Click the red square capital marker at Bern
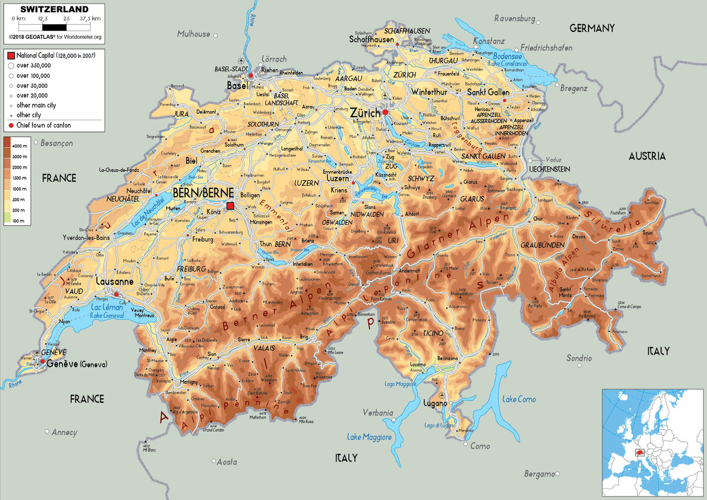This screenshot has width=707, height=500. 230,205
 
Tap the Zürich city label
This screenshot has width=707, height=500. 364,112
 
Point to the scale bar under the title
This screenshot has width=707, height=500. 54,27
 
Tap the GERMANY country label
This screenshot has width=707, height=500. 592,28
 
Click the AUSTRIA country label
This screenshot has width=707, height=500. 647,156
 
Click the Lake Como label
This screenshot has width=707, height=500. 518,399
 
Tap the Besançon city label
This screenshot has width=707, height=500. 57,143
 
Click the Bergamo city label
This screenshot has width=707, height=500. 539,473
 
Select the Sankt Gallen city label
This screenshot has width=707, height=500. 488,93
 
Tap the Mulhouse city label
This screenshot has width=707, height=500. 194,34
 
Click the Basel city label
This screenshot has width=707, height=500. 237,85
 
